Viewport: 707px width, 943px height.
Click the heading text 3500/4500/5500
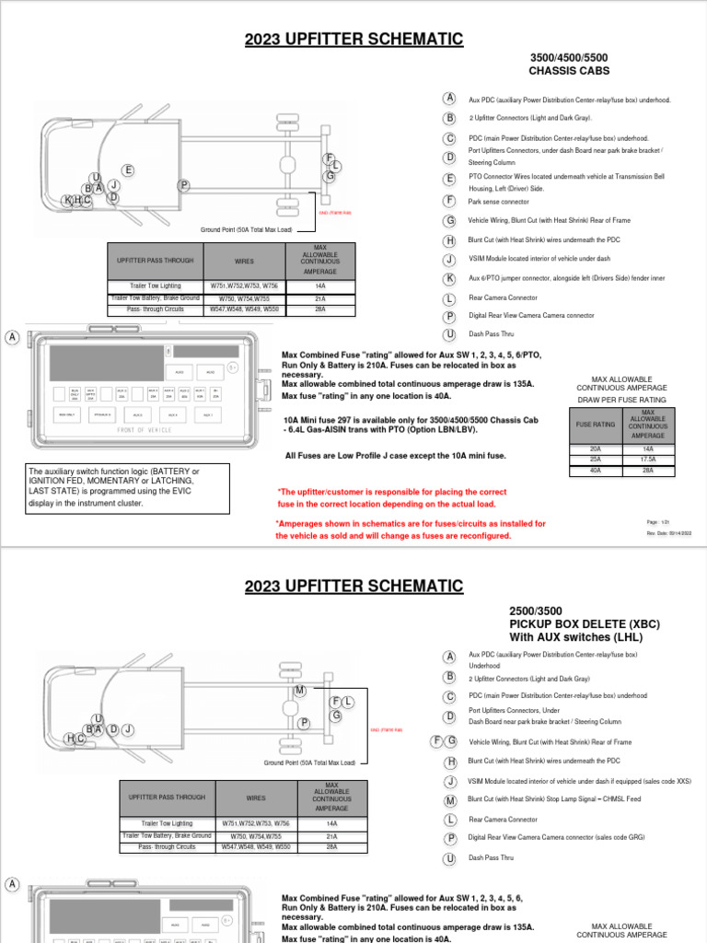569,56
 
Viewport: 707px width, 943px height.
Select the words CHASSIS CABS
569,70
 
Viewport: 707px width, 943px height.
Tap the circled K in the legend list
449,278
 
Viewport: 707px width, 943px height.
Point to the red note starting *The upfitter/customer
392,498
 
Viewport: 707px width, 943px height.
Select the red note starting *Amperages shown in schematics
411,529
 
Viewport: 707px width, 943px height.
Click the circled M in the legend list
449,801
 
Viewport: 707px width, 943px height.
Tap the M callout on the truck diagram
299,691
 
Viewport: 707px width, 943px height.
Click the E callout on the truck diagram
128,170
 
